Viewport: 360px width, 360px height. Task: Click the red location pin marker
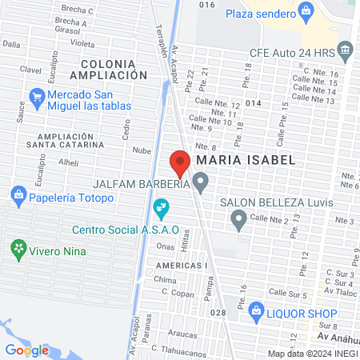click(180, 165)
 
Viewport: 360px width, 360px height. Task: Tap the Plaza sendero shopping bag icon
click(305, 10)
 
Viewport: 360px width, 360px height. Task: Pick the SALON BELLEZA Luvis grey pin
click(238, 218)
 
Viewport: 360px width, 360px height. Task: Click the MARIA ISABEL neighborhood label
click(245, 160)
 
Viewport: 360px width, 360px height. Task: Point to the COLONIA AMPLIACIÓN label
click(109, 69)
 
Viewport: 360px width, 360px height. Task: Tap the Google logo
click(26, 350)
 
